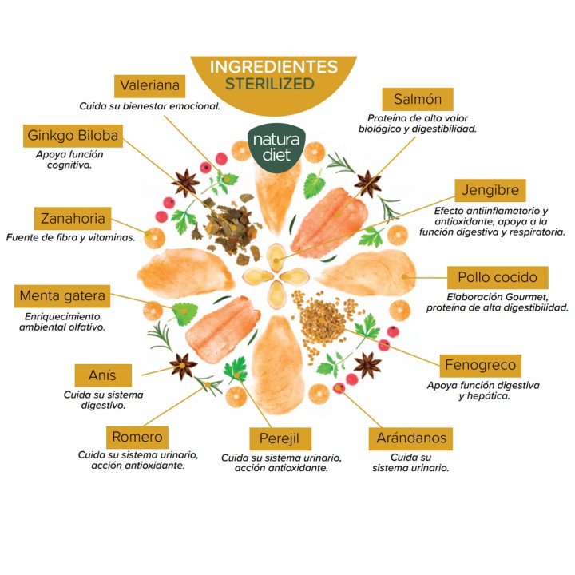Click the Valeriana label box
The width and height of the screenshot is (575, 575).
coord(149,86)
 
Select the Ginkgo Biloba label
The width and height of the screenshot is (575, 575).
coord(73,136)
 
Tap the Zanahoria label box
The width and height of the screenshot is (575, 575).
coord(73,219)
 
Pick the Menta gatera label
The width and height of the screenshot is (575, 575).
coord(62,296)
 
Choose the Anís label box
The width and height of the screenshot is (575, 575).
coord(103,375)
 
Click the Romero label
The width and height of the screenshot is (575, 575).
coord(137,437)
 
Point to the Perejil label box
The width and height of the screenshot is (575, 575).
coord(280,438)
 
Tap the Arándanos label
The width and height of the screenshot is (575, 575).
coord(410,438)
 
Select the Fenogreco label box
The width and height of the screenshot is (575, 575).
coord(481,366)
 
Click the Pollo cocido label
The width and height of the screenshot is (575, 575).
coord(498,278)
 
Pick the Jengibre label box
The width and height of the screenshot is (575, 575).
coord(490,190)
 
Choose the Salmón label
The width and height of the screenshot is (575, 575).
coord(418,99)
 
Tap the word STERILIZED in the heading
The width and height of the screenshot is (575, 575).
coord(270,84)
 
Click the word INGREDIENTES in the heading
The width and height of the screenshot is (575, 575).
coord(274,67)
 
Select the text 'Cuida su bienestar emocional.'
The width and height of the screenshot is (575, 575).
coord(149,106)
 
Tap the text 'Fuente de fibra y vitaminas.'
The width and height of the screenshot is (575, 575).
coord(71,238)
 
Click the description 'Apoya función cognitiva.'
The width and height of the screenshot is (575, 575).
coord(69,160)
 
